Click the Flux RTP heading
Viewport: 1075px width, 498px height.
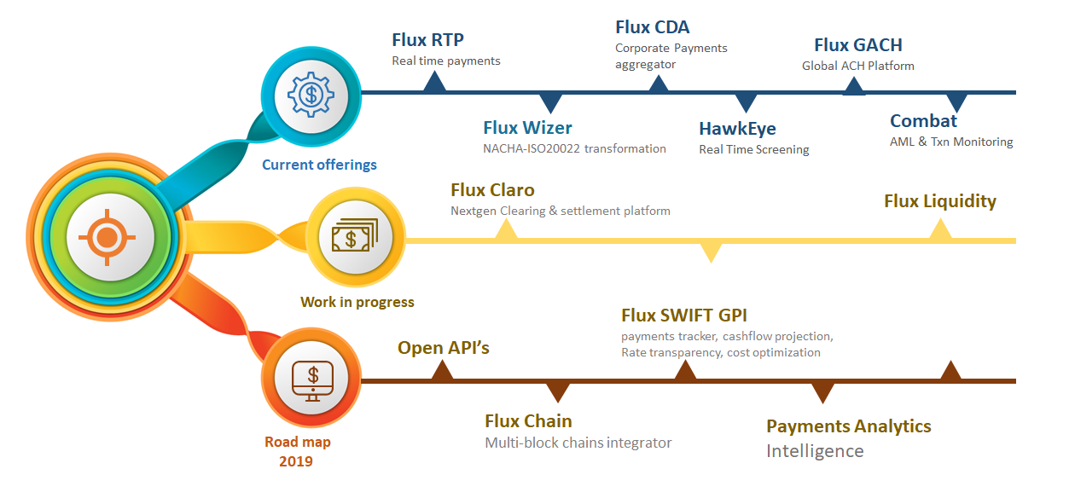[427, 40]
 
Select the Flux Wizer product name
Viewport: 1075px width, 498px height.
[527, 128]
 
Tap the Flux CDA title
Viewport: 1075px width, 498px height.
[652, 27]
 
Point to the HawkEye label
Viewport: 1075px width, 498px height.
[737, 129]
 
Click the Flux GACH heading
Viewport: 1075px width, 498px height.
[857, 45]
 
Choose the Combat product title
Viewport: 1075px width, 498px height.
[923, 121]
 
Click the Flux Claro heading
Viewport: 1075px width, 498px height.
[492, 190]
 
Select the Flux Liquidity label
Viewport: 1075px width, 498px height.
[939, 201]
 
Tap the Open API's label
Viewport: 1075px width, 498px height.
[444, 348]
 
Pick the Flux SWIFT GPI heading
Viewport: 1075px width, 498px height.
[684, 316]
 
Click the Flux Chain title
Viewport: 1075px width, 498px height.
[528, 421]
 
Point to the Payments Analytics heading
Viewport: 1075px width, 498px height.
[848, 426]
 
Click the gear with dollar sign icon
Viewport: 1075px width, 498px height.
[310, 95]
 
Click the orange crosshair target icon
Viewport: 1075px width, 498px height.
[106, 236]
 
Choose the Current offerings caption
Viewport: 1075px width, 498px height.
[319, 165]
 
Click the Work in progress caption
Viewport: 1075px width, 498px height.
[357, 302]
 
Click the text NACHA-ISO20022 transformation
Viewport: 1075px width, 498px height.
[574, 148]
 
